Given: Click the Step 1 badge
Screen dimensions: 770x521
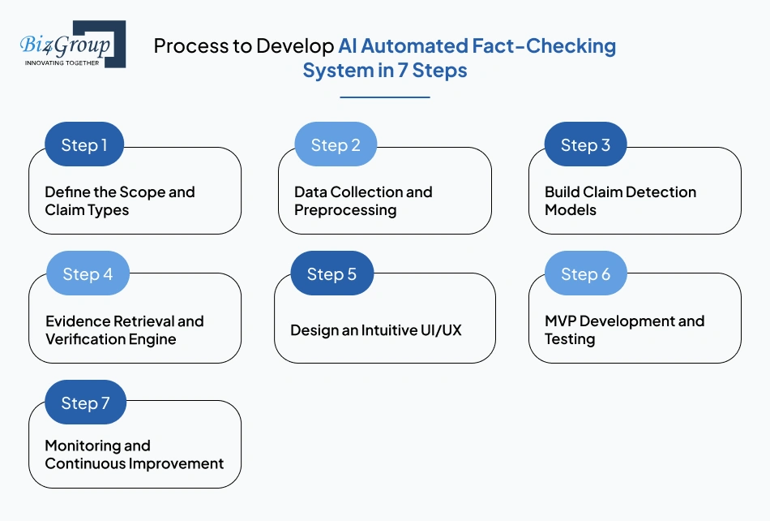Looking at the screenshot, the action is (84, 144).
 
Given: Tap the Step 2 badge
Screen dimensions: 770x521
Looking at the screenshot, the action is (336, 144).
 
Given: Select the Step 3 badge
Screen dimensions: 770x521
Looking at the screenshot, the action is (585, 144).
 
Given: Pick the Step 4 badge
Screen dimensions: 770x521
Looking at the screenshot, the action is (88, 273).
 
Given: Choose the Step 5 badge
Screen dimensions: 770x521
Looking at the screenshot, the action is (332, 273).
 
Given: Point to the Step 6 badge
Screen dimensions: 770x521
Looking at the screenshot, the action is (586, 273).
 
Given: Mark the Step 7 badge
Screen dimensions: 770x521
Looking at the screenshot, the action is (85, 403).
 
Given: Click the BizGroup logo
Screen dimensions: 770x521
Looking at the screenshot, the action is (73, 45).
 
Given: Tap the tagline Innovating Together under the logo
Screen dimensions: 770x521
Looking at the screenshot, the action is (62, 63).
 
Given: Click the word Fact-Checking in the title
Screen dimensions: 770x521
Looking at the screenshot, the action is (544, 45).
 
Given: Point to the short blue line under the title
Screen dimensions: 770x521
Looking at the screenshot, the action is (385, 97).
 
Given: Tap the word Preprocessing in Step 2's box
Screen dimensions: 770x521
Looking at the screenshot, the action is (345, 210).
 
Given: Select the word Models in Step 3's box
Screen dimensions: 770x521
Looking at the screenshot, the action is (571, 210).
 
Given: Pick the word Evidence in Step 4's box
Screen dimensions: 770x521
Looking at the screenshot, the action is (78, 321).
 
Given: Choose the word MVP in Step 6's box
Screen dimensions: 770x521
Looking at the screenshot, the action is (560, 321).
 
